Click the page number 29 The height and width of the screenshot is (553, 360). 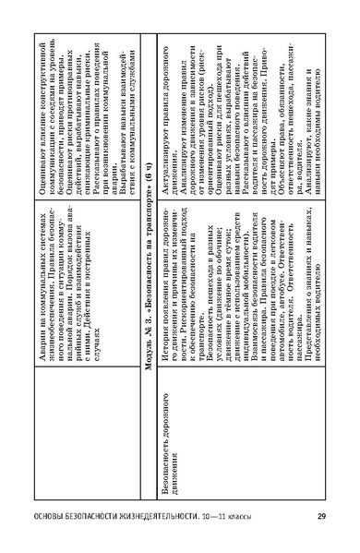[321, 516]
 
